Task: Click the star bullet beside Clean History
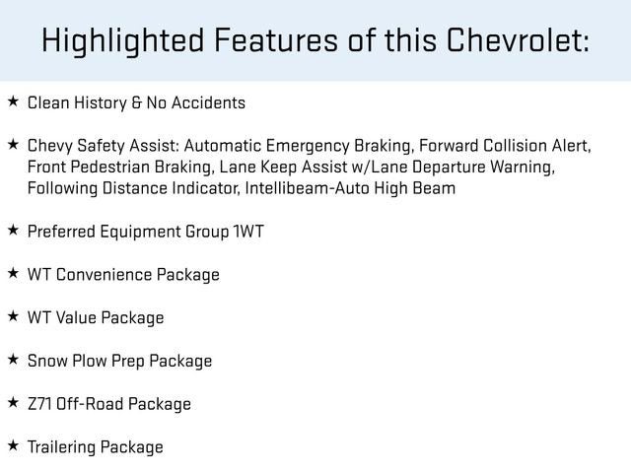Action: pos(13,101)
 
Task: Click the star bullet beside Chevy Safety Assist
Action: pos(13,144)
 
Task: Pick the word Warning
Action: pos(521,168)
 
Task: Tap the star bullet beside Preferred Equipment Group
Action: pos(13,230)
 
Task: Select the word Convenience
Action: pos(105,275)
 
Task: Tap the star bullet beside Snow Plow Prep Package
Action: pos(13,359)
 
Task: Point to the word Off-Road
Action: pos(92,404)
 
